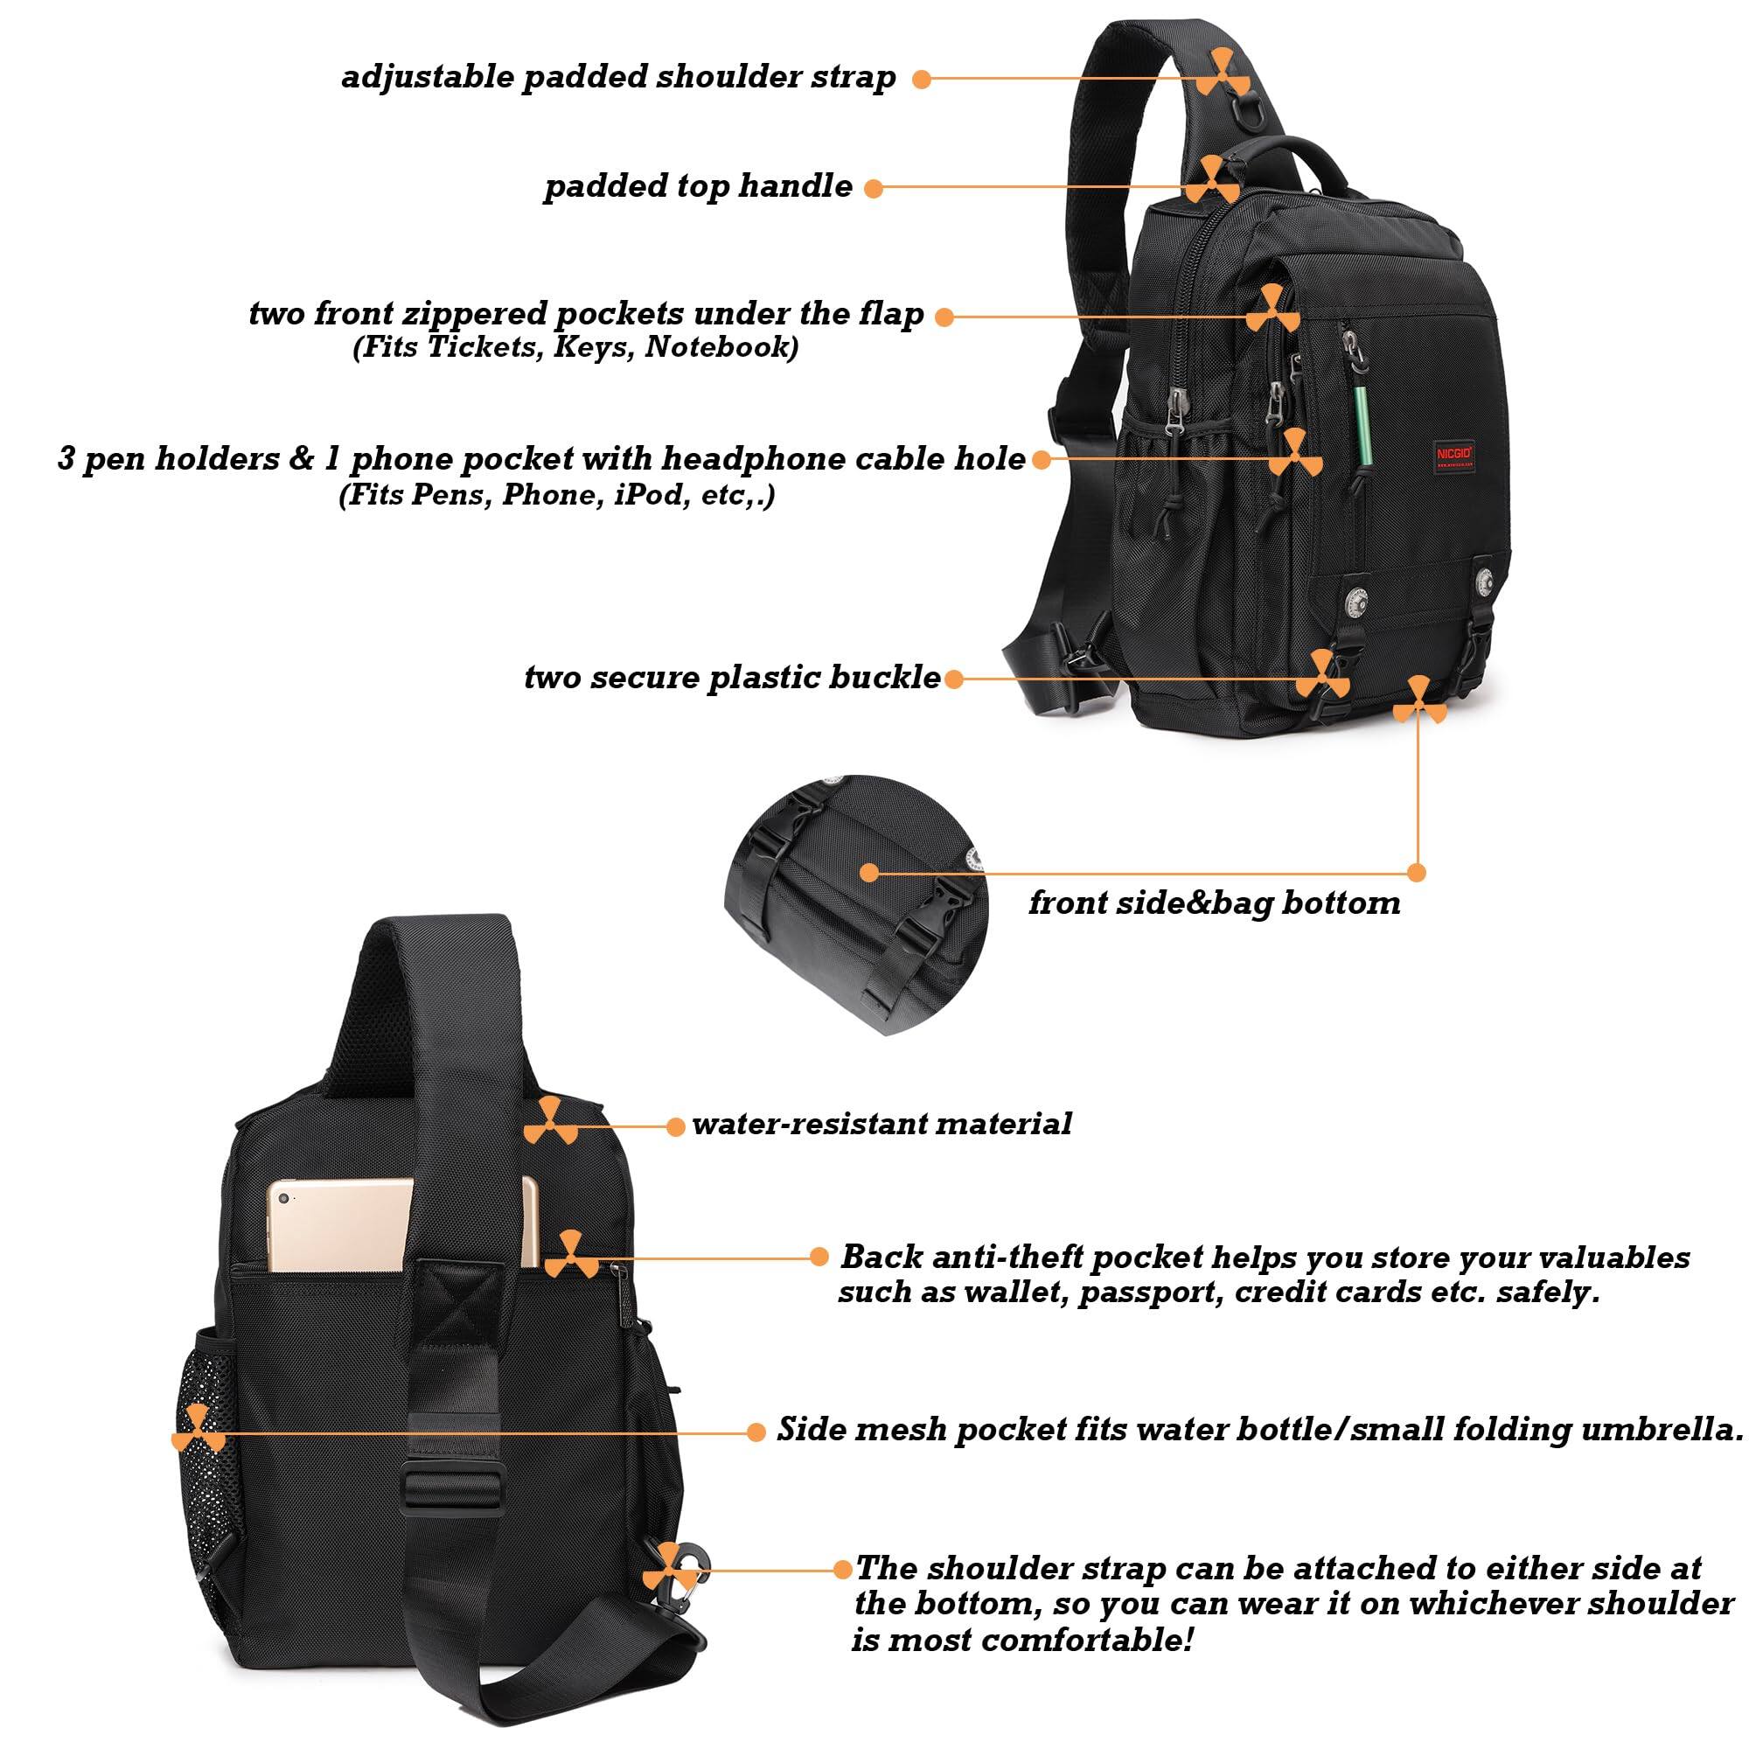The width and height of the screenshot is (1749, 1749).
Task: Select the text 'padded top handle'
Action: (698, 186)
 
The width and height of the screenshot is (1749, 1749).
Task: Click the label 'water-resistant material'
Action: (881, 1125)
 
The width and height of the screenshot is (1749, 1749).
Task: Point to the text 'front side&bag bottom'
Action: (1214, 902)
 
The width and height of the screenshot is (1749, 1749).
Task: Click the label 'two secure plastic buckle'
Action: (731, 677)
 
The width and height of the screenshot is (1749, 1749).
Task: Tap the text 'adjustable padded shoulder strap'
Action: (618, 77)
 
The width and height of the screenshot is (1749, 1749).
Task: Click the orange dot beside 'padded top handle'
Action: (873, 188)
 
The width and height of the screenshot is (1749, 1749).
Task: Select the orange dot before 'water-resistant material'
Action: (675, 1126)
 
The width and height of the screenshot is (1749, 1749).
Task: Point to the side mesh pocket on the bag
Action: (207, 1448)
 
